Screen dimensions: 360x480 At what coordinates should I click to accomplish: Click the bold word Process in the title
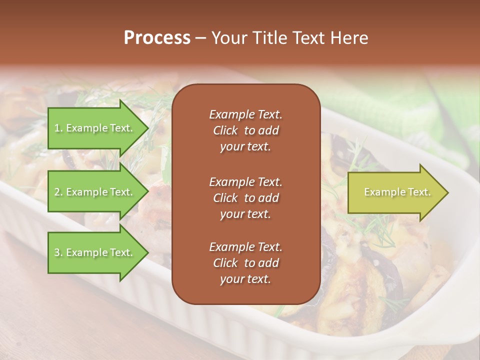coord(157,38)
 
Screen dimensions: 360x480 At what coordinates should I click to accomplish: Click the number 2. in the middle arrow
coord(58,192)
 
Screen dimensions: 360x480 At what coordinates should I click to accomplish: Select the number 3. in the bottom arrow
coord(58,252)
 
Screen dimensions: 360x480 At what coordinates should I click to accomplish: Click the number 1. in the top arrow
coord(58,128)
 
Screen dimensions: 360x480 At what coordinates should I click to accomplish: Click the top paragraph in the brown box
coord(245,130)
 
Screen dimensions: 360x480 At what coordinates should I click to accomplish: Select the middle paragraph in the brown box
coord(245,197)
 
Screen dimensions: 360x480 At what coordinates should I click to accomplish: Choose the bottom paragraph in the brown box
coord(245,263)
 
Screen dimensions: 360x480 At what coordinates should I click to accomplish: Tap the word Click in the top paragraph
coord(225,130)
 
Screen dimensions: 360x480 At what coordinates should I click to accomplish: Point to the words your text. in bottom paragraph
coord(245,279)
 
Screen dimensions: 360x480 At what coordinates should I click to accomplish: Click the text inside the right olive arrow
coord(397,192)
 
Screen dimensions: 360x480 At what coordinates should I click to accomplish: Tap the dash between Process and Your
coord(200,38)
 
